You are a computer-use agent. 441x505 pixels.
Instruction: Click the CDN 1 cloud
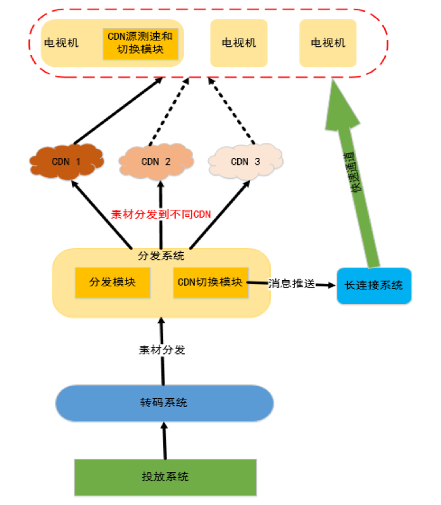(x=66, y=161)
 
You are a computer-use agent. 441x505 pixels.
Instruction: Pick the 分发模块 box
(x=113, y=282)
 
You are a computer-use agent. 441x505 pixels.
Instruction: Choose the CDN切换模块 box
(x=210, y=282)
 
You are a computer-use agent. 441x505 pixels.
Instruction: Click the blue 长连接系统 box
(x=373, y=286)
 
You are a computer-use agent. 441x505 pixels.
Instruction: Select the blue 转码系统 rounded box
(x=165, y=403)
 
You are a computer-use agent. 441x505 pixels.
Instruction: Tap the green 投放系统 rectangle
(x=165, y=477)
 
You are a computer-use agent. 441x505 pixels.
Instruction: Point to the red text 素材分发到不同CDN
(x=161, y=214)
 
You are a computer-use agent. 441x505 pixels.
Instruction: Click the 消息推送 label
(x=291, y=284)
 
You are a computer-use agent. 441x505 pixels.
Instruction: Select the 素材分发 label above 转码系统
(x=163, y=350)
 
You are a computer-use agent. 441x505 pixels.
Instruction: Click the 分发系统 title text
(x=161, y=256)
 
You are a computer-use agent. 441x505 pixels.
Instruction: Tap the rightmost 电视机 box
(x=328, y=43)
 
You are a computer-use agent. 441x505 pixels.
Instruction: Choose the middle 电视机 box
(x=239, y=43)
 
